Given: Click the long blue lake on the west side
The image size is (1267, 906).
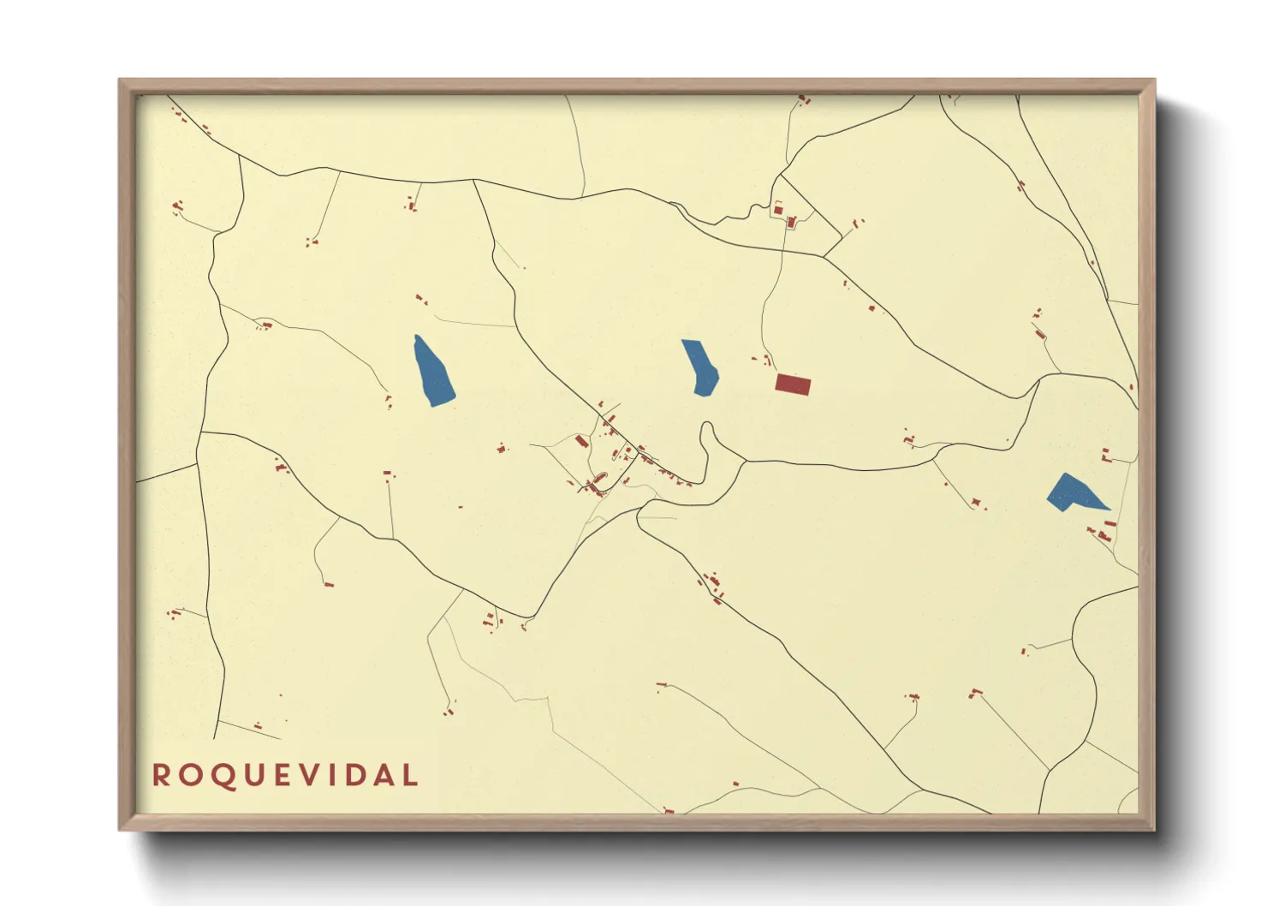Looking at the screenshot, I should pos(433,372).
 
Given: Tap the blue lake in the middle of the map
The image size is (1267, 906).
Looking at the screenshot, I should pos(700,367).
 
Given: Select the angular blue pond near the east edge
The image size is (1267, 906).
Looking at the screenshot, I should pos(1072,492).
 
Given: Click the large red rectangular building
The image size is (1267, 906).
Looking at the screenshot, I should pos(792,384).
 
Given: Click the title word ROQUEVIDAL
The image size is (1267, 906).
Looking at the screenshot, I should pos(285,776).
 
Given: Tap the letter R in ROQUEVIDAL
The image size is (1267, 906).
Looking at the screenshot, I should pos(161,776).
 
